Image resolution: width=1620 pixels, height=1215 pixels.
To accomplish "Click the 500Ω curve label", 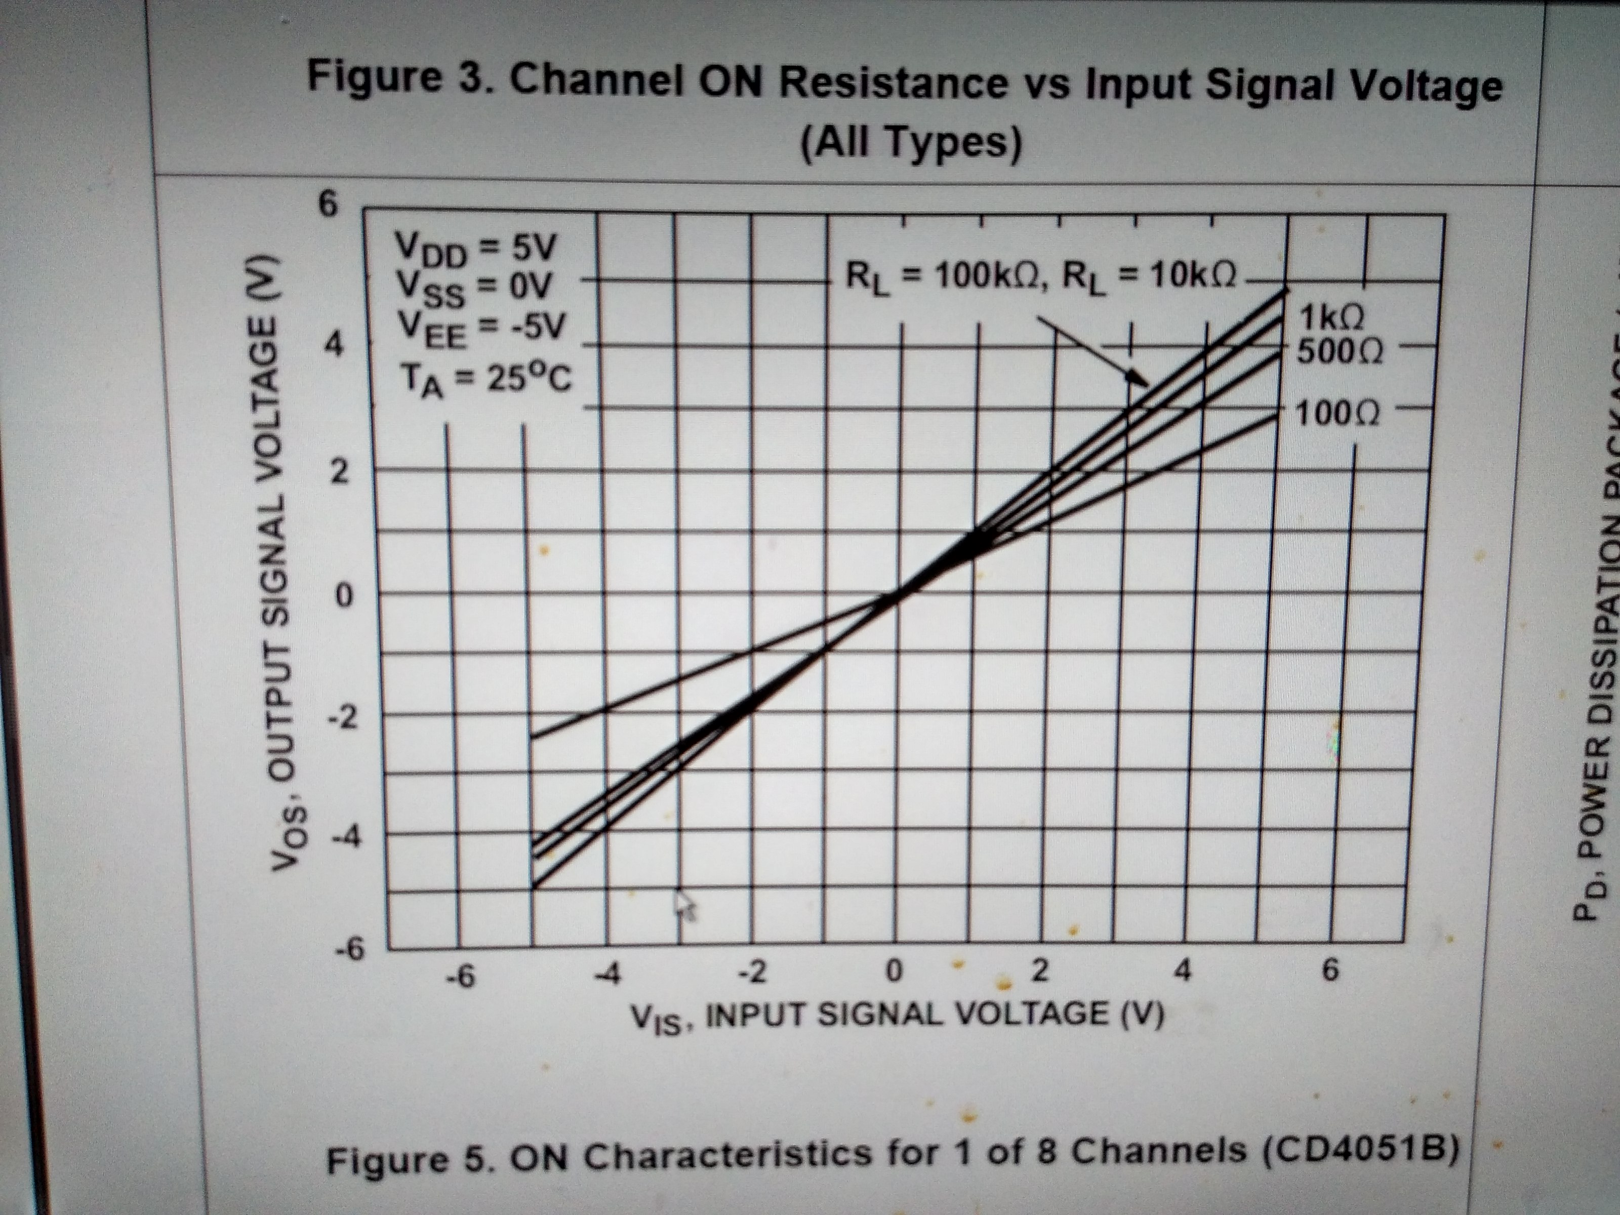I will coord(1340,353).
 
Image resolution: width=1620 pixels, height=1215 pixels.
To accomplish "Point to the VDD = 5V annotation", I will coord(475,249).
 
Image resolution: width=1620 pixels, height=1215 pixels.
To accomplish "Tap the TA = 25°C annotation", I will coord(485,381).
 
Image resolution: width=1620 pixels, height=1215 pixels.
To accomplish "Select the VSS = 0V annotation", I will coord(472,289).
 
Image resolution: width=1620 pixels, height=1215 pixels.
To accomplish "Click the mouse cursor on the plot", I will coord(683,905).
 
